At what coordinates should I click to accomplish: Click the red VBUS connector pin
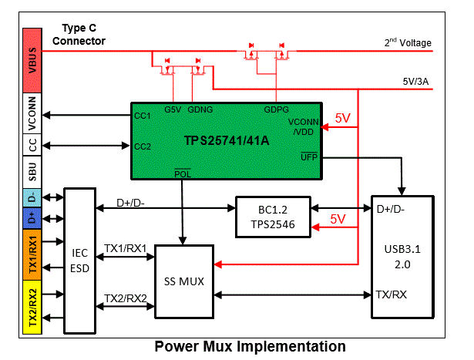pos(32,59)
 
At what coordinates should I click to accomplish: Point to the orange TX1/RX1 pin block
pos(32,252)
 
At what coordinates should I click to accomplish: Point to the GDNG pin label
pos(200,110)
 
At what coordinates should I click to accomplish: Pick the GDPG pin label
pos(277,110)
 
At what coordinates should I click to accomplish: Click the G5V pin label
pos(173,110)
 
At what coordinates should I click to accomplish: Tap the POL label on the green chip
pos(182,172)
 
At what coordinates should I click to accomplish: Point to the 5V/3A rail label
pos(417,79)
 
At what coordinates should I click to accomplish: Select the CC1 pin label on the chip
pos(142,116)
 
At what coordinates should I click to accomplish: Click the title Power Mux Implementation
pos(250,346)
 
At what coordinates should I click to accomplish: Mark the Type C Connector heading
pos(79,35)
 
